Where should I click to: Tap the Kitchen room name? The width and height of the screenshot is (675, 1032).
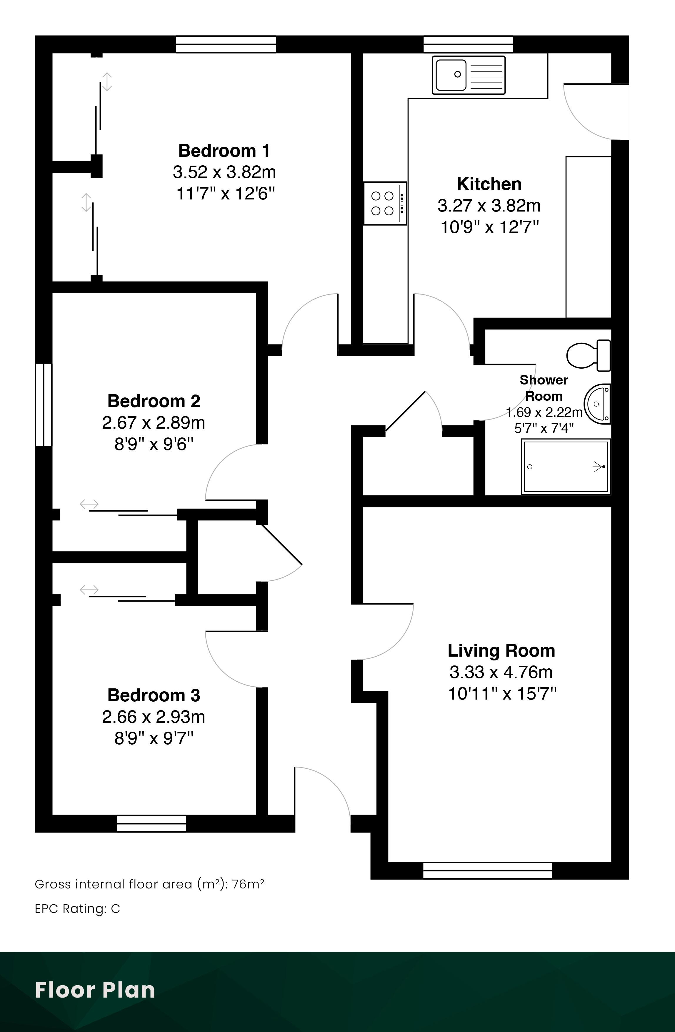(489, 184)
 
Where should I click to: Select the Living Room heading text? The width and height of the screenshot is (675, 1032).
(501, 651)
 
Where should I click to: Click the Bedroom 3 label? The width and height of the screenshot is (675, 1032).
(154, 695)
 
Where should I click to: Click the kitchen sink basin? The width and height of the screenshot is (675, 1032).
(451, 75)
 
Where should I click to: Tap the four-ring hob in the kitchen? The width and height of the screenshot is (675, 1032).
(385, 203)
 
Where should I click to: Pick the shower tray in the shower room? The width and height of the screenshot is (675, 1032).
(566, 467)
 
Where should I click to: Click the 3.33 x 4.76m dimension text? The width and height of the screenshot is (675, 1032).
(501, 673)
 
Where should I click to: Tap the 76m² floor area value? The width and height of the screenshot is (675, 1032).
(248, 884)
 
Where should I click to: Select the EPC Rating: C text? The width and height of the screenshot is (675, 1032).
(77, 908)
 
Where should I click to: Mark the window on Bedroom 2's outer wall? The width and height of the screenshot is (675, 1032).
(43, 405)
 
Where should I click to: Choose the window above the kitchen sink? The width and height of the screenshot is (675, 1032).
(468, 44)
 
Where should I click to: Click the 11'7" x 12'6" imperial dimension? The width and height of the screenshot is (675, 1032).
(225, 193)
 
